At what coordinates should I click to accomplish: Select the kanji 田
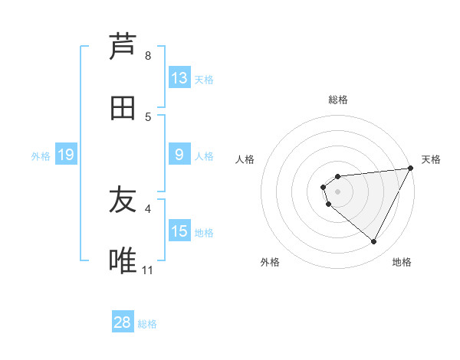123,109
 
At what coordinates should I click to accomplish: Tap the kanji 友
123,201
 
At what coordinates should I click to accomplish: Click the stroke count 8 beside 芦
148,56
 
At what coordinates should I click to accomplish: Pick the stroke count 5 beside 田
148,117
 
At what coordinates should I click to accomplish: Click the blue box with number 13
179,78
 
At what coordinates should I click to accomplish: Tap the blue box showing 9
179,155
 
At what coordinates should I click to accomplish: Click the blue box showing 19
66,155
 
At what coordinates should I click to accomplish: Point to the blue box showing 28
123,322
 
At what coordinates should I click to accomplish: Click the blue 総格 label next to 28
147,324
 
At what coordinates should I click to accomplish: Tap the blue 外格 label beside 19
41,156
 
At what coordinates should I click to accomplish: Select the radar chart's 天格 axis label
431,159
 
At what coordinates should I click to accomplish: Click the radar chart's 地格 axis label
402,262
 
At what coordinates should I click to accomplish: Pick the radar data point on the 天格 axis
411,169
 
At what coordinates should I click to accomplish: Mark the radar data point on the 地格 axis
374,242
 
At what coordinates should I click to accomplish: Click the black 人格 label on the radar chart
245,159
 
